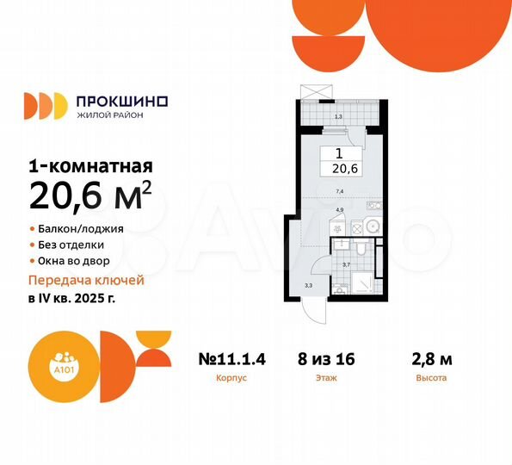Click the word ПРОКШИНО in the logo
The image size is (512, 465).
pyautogui.click(x=121, y=101)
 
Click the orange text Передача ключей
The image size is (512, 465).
pyautogui.click(x=86, y=281)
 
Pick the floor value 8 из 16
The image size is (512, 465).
pyautogui.click(x=327, y=359)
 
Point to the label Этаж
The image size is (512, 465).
pyautogui.click(x=327, y=378)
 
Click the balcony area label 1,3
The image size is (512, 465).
pyautogui.click(x=338, y=116)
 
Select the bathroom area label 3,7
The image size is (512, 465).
pyautogui.click(x=346, y=264)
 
